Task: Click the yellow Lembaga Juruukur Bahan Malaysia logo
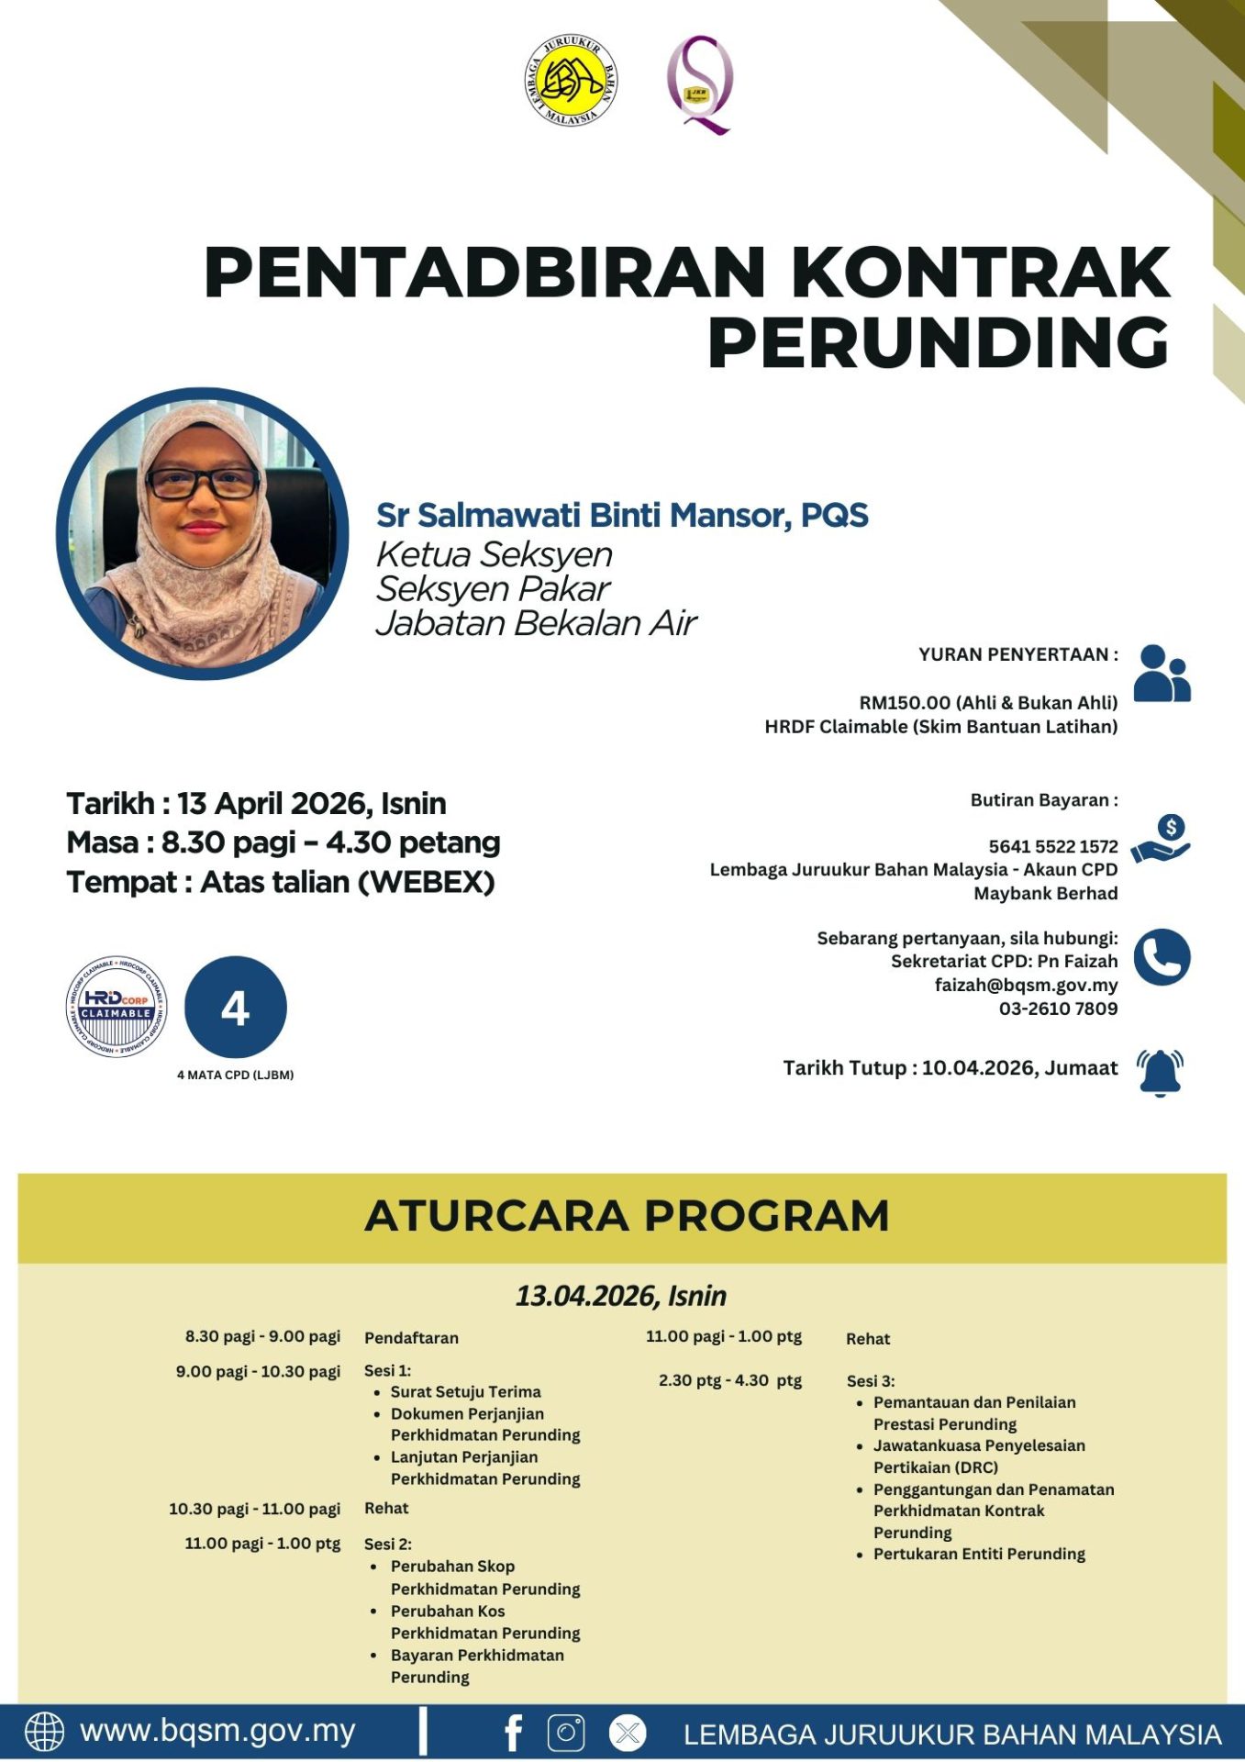[x=571, y=81]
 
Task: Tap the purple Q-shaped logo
[x=699, y=84]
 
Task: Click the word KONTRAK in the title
[x=980, y=273]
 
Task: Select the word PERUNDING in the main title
[x=938, y=343]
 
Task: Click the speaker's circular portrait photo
[x=203, y=533]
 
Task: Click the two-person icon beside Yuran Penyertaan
[x=1162, y=674]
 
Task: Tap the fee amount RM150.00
[x=905, y=703]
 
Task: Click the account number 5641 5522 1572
[x=1052, y=846]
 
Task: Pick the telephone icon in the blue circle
[x=1162, y=957]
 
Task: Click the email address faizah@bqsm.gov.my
[x=1026, y=985]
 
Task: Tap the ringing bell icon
[x=1160, y=1072]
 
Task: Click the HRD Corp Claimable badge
[x=117, y=1007]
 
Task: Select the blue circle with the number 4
[x=236, y=1008]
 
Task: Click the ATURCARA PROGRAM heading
[x=627, y=1216]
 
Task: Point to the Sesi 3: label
[x=870, y=1380]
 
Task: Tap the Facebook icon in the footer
[x=514, y=1733]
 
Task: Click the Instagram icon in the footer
[x=566, y=1733]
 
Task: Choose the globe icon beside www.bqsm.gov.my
[x=44, y=1733]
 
